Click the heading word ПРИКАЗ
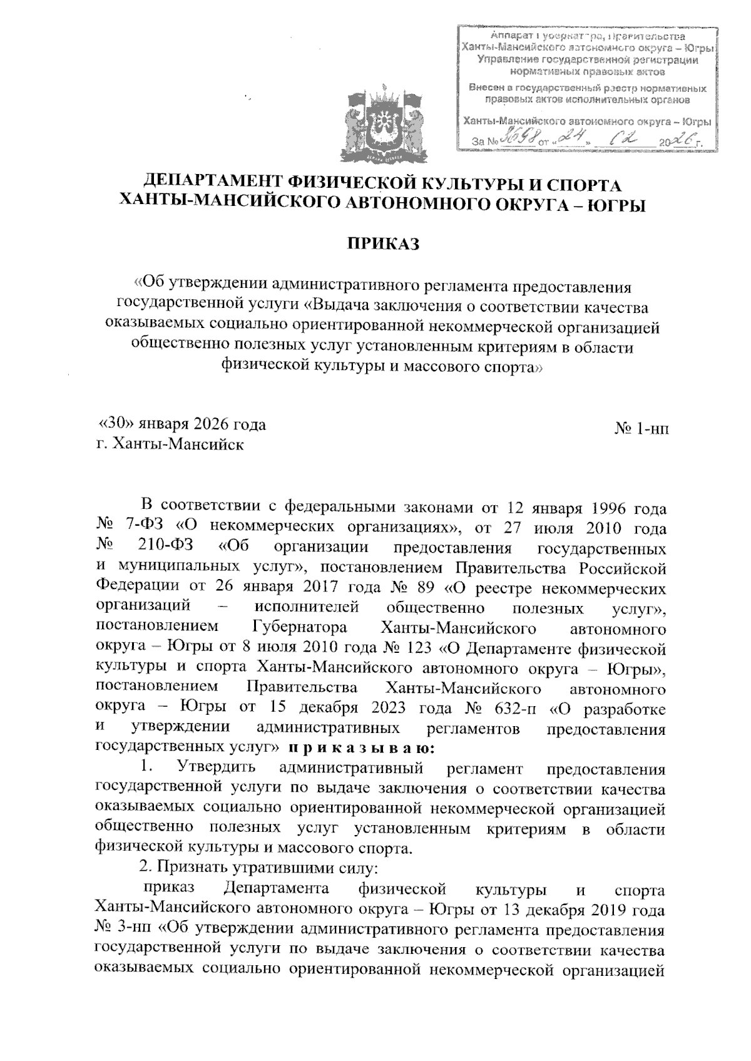(x=382, y=243)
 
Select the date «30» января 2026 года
(x=183, y=424)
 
